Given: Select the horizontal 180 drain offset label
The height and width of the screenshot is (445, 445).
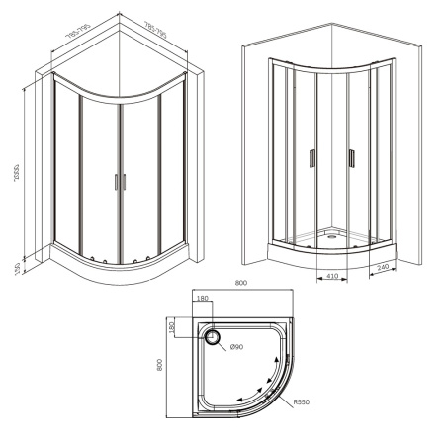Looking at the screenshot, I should pos(204,299).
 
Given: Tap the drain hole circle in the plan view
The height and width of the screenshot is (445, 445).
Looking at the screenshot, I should pos(212,335).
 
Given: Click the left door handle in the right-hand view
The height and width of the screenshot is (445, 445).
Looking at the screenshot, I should pos(313,159).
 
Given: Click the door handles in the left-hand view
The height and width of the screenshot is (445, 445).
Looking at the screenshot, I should pos(121,182).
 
